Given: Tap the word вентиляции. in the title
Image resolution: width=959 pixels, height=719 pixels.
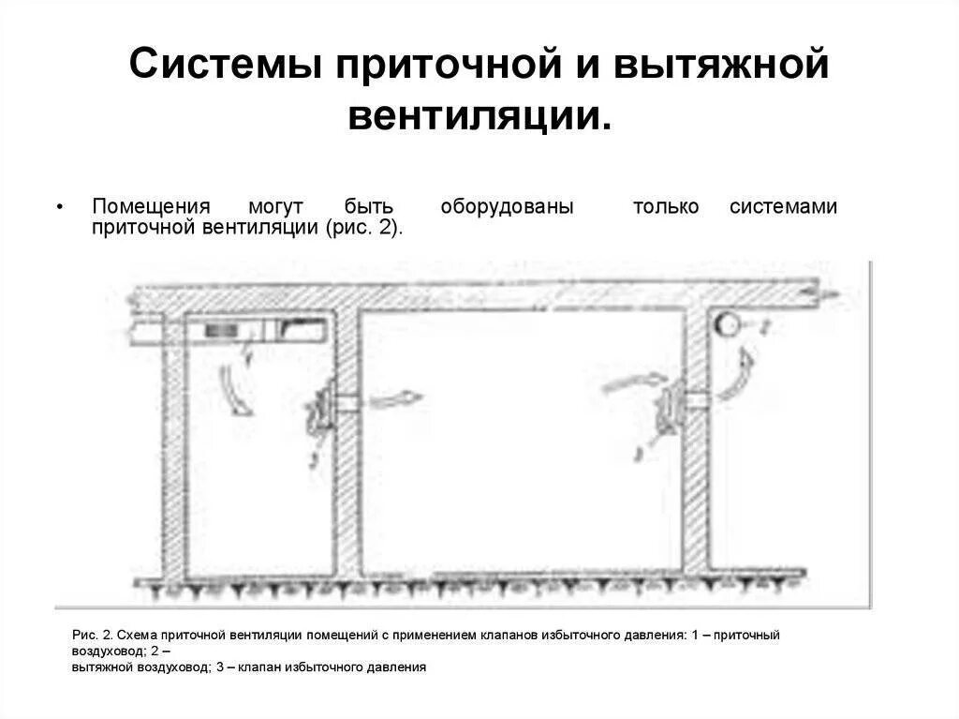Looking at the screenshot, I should click(479, 116).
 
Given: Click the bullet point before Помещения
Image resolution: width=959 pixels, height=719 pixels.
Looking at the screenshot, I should click(60, 207).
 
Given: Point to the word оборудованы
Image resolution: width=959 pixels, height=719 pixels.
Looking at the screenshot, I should click(507, 207).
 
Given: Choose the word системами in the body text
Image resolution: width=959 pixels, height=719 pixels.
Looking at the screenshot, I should click(783, 207).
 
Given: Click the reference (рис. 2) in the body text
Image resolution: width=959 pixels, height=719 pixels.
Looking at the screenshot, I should click(364, 228).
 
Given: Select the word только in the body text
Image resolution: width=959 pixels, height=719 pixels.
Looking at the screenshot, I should click(666, 207).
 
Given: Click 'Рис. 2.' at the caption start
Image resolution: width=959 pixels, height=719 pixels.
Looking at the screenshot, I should click(93, 636).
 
